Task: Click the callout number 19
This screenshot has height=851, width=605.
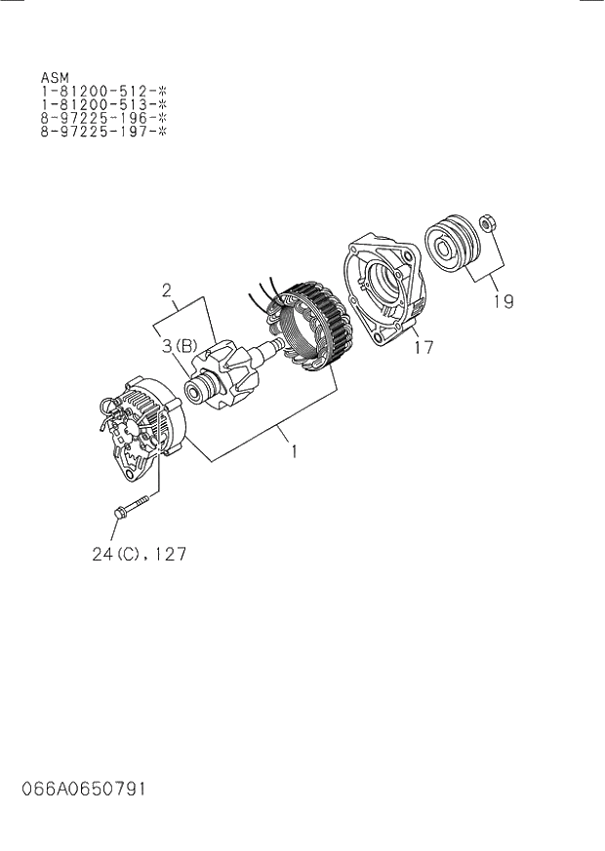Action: (x=503, y=301)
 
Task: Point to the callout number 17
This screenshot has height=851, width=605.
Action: (x=423, y=346)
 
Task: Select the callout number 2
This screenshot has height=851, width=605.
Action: (x=167, y=290)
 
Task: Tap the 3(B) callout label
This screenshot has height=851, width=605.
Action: (x=180, y=345)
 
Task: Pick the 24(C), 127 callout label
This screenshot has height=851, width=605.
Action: (x=139, y=554)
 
